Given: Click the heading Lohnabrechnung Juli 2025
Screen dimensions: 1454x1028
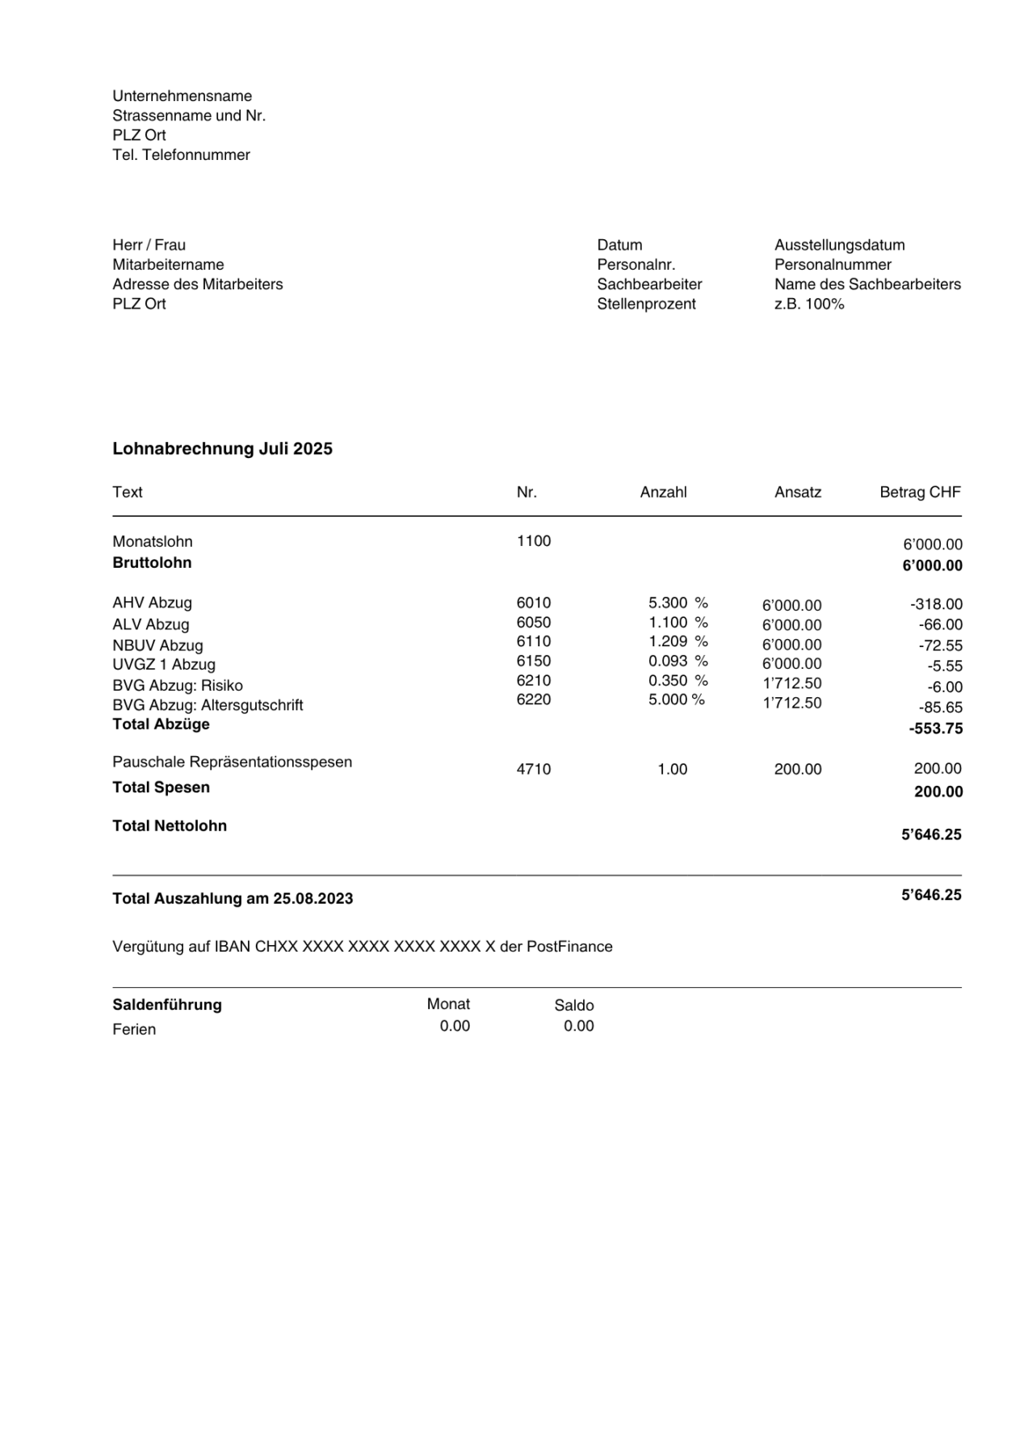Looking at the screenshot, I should [x=222, y=449].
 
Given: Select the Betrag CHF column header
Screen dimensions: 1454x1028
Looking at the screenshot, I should [x=920, y=492].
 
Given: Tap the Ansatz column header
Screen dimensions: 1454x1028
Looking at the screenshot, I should [x=797, y=492].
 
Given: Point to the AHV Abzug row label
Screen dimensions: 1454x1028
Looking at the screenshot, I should [x=152, y=603].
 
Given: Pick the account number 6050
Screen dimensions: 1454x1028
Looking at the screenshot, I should [x=533, y=623].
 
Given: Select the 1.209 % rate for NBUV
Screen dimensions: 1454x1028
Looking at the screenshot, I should [x=678, y=641].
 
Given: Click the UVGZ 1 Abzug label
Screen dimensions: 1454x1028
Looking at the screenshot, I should [x=164, y=665].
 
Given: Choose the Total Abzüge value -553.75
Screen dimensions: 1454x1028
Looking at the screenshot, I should [x=935, y=729].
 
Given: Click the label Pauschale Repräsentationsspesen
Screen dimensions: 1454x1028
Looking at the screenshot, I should [x=232, y=762].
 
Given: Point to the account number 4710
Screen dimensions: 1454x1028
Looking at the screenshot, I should [x=533, y=769].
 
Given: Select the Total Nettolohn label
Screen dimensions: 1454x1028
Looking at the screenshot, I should [x=170, y=826].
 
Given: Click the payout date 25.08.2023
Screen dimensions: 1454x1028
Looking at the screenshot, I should [x=313, y=898].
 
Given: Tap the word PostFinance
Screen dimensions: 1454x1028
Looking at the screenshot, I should [x=569, y=947].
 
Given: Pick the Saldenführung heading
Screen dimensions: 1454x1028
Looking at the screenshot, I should [x=166, y=1005].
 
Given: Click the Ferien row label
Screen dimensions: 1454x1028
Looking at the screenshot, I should [x=134, y=1029].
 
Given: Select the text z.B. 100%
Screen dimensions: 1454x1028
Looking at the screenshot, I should [x=808, y=304].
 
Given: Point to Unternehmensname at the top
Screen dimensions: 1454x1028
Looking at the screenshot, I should [x=182, y=96].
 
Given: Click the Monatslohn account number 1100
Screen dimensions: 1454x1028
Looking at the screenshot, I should [x=533, y=541].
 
